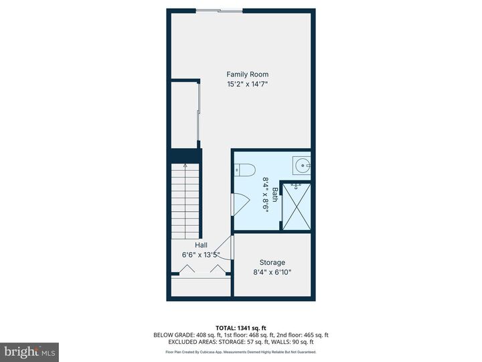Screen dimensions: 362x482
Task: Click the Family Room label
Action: (247, 74)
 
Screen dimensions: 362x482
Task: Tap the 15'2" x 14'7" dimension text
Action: (247, 84)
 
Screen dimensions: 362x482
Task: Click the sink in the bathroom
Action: (302, 165)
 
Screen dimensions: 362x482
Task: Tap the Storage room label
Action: (272, 262)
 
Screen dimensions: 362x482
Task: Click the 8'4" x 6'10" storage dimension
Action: (272, 272)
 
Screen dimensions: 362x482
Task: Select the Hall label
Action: (201, 245)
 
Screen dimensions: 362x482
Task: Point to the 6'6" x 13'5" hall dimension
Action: (201, 255)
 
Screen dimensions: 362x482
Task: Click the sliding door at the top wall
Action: (219, 10)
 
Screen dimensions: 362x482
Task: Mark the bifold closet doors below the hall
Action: (200, 269)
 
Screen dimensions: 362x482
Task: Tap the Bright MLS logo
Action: (29, 352)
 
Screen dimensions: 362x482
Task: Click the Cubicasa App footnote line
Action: (240, 351)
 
